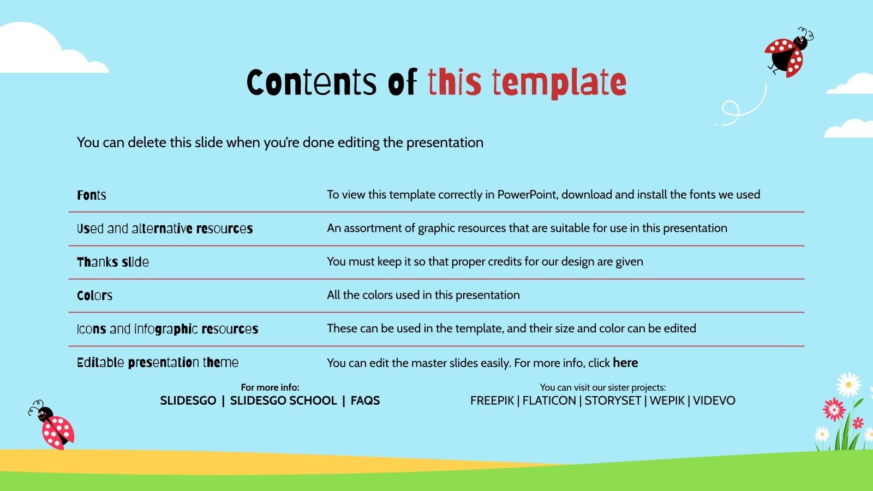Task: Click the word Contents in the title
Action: click(312, 82)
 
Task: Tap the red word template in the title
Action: click(559, 82)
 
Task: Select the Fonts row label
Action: click(92, 195)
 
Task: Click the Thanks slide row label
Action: click(113, 262)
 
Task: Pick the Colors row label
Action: click(95, 296)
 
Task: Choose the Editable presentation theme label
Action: click(158, 362)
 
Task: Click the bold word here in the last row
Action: click(625, 363)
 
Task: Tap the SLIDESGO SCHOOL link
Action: click(283, 400)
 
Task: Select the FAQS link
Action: click(365, 400)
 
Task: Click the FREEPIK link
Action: click(492, 400)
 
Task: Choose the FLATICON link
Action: click(549, 400)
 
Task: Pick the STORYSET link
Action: click(613, 400)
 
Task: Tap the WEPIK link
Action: click(667, 400)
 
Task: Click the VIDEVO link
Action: click(714, 400)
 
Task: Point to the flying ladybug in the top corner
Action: click(788, 53)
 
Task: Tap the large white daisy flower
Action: click(848, 385)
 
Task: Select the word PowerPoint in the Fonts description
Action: click(527, 195)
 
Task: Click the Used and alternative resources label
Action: click(165, 229)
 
